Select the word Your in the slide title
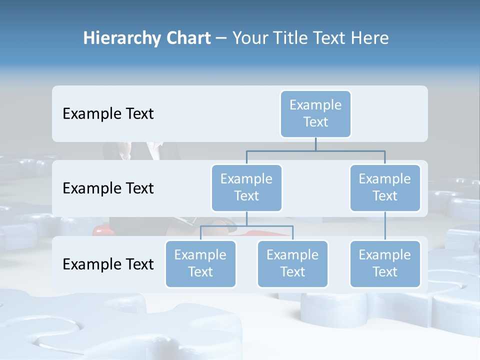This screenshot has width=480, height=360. [250, 38]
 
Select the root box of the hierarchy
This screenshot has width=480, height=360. [315, 113]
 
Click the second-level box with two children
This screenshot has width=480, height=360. [246, 187]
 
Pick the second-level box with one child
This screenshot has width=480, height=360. [385, 187]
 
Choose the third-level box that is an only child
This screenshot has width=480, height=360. [385, 263]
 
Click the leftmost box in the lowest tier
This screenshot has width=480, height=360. [200, 263]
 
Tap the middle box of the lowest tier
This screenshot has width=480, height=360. [292, 263]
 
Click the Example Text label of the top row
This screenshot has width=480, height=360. [108, 114]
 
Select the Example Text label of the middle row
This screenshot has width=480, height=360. [108, 188]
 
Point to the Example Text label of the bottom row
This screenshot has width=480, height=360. [108, 264]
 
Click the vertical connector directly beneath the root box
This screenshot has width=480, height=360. [315, 144]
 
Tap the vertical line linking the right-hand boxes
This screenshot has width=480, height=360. [385, 226]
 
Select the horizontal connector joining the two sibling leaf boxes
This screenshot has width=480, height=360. [270, 226]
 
